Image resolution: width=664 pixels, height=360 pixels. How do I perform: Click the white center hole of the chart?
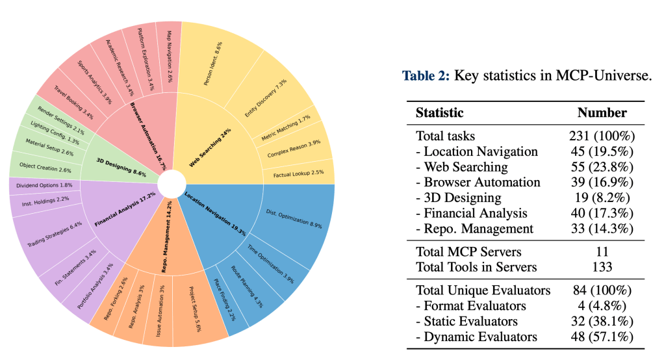[170, 184]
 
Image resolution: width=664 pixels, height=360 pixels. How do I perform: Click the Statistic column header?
[439, 112]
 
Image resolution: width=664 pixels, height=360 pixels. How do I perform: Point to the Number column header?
[602, 112]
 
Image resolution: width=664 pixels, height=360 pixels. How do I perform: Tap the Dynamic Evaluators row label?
[476, 337]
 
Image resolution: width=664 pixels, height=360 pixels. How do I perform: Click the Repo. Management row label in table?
[474, 228]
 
